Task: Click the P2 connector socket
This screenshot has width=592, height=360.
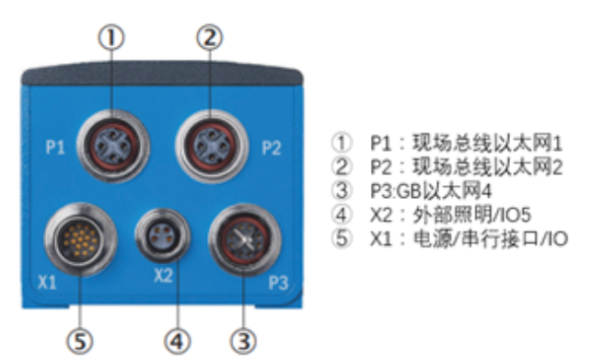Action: (211, 146)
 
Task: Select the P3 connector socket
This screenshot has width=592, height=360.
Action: (243, 243)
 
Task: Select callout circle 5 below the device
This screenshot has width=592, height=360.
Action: (81, 342)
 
